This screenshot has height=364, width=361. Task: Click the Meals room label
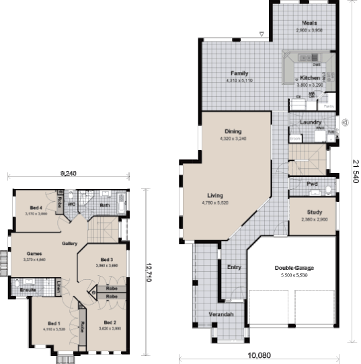(309, 23)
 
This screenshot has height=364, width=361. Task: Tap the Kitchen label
(310, 78)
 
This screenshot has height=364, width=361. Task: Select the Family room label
(240, 73)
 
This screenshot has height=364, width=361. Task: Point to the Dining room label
(233, 131)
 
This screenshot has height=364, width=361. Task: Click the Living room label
(216, 194)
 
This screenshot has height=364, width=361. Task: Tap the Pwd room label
(313, 184)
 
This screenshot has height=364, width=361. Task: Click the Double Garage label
(294, 268)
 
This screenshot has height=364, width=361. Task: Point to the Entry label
(234, 266)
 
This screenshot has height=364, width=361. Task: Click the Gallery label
(70, 243)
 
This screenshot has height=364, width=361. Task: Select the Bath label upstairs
(105, 205)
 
